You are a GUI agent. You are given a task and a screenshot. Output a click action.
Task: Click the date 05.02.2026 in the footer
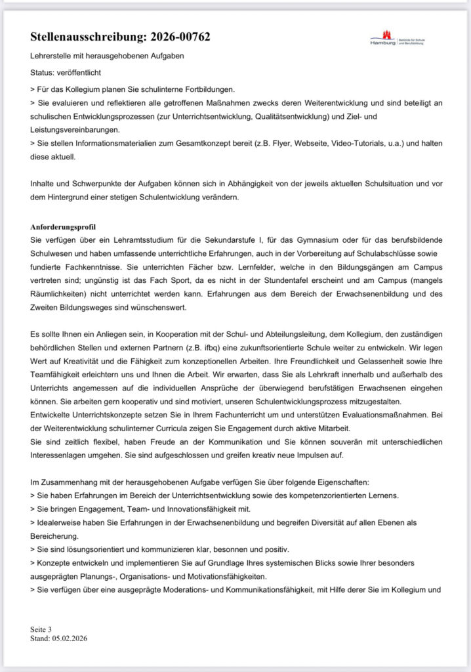[70, 637]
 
